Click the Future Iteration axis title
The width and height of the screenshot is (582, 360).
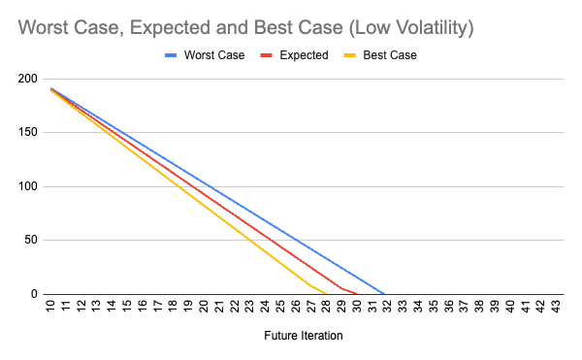click(303, 337)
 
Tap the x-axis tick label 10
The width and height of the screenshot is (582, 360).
click(50, 308)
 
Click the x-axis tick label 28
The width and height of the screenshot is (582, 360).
click(326, 308)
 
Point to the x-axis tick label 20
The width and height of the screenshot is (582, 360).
click(204, 308)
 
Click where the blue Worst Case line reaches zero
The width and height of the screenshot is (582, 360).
click(385, 294)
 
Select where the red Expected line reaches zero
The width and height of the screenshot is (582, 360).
click(357, 294)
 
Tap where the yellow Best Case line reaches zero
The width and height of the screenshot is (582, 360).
click(328, 294)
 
